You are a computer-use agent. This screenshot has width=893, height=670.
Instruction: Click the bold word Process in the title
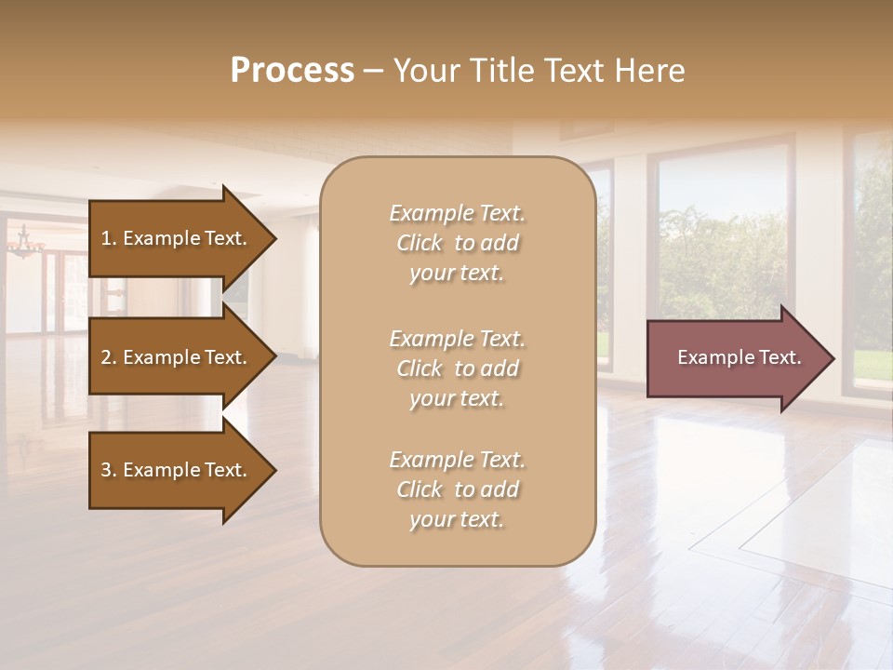292,71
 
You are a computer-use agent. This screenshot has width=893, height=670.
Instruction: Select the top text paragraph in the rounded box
457,243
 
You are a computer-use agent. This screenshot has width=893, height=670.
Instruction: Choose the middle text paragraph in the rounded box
457,368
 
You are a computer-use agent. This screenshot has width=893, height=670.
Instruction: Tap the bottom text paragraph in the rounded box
457,489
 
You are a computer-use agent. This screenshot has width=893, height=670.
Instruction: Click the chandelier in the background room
25,244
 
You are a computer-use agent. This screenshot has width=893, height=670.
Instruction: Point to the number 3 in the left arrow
106,470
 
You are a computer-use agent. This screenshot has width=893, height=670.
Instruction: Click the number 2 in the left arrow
106,357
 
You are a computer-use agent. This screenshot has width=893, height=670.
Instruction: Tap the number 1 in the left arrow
106,238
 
